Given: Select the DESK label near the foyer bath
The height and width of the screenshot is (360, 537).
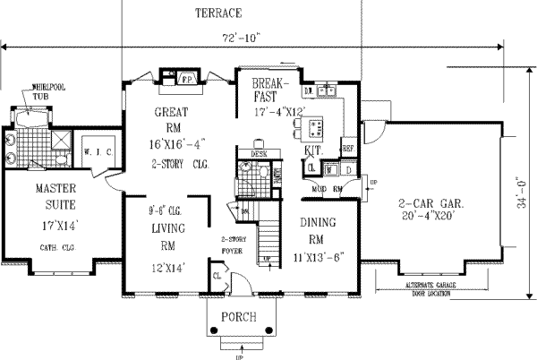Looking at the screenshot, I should [260, 153].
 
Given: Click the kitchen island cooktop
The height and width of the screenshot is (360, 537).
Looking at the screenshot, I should [298, 133].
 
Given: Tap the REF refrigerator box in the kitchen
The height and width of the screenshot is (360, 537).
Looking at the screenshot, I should [347, 148].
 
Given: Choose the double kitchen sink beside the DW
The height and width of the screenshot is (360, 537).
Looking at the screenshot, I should [328, 91].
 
